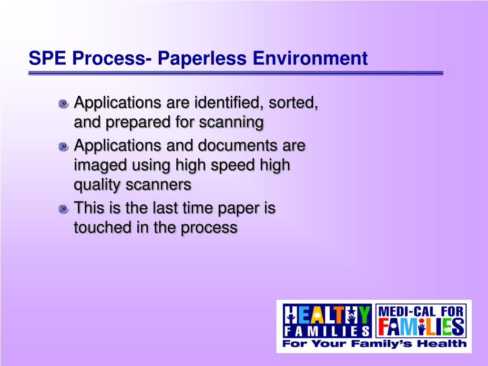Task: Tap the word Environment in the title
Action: (310, 58)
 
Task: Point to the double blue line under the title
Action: (235, 73)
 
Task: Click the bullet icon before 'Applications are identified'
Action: (64, 103)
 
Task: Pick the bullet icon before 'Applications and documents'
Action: (64, 146)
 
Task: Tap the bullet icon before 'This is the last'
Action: (64, 209)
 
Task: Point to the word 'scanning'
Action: (231, 123)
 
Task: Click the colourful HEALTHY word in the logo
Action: (327, 315)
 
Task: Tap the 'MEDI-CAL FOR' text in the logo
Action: (421, 311)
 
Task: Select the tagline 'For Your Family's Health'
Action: (375, 343)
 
